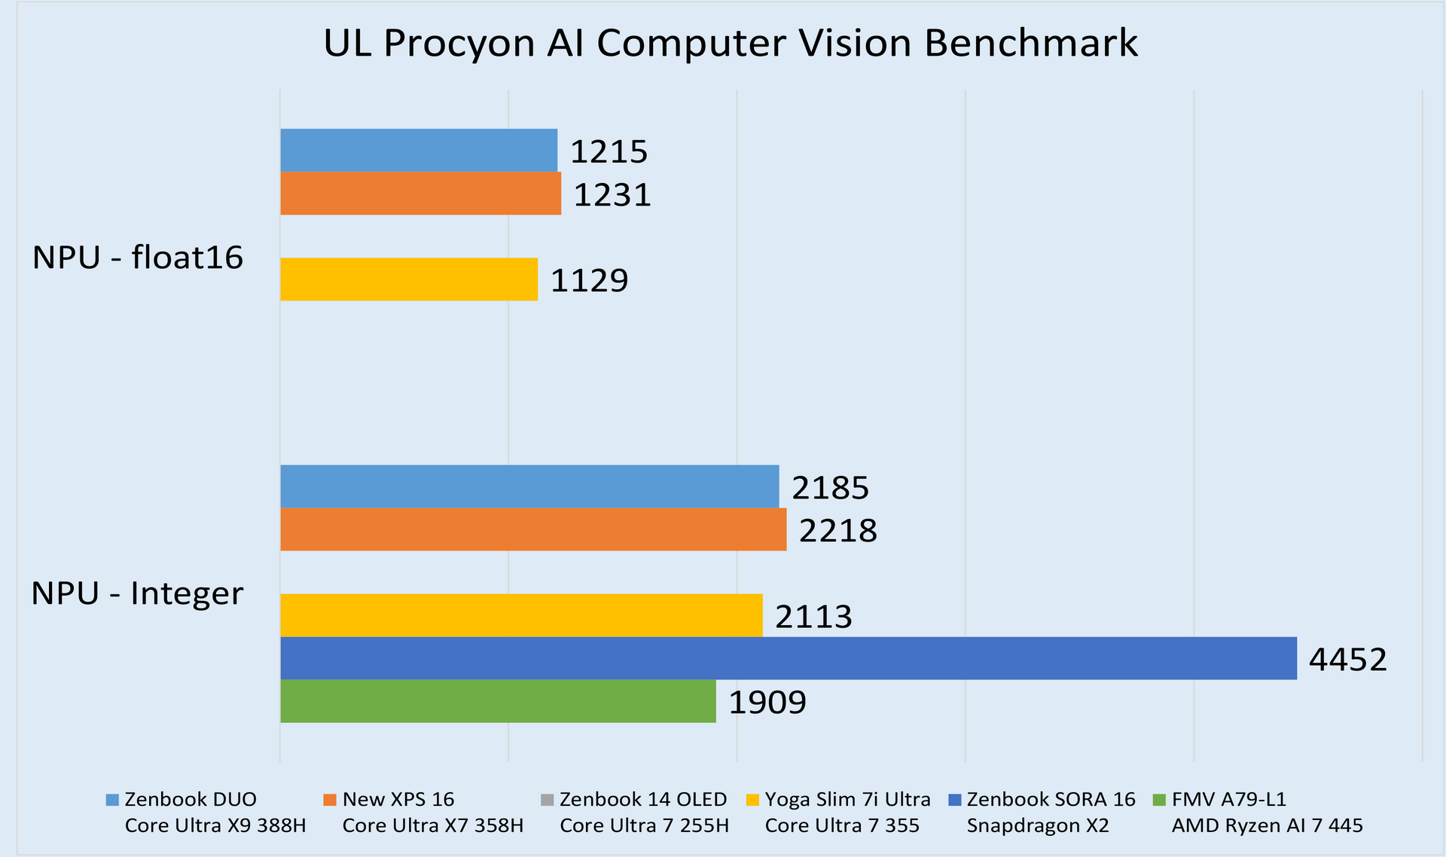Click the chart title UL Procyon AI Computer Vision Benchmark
click(x=730, y=43)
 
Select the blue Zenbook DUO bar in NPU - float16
click(x=419, y=151)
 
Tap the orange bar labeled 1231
click(x=420, y=194)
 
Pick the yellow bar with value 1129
click(x=409, y=279)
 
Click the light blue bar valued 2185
click(x=529, y=486)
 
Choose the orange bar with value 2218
click(x=533, y=529)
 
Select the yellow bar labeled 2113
click(x=521, y=615)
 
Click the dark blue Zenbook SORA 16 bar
click(x=789, y=658)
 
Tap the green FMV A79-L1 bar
click(x=498, y=701)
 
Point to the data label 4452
click(x=1347, y=660)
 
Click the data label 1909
click(x=767, y=703)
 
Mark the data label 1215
click(x=609, y=152)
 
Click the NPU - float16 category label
click(x=138, y=258)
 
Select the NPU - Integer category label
click(x=137, y=593)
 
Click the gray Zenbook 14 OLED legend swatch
click(x=548, y=800)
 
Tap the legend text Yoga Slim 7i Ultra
click(x=847, y=799)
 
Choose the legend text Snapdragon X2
click(x=1037, y=825)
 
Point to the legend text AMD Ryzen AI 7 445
click(x=1267, y=825)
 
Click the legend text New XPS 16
click(x=398, y=799)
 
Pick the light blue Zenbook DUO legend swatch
click(x=112, y=800)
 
